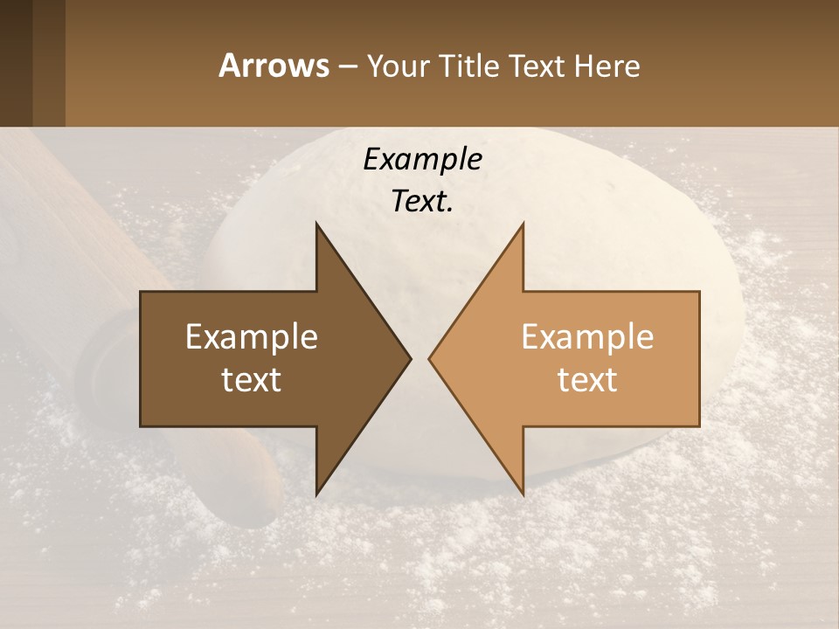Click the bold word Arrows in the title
pyautogui.click(x=274, y=66)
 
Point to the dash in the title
pyautogui.click(x=347, y=66)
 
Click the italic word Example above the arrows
pyautogui.click(x=422, y=160)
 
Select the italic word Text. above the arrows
pyautogui.click(x=422, y=201)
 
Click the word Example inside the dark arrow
pyautogui.click(x=252, y=337)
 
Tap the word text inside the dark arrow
pyautogui.click(x=252, y=380)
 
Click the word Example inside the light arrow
pyautogui.click(x=587, y=337)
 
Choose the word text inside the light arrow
pyautogui.click(x=587, y=380)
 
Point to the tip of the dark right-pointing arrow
pyautogui.click(x=407, y=358)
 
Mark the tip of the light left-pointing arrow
pyautogui.click(x=432, y=358)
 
